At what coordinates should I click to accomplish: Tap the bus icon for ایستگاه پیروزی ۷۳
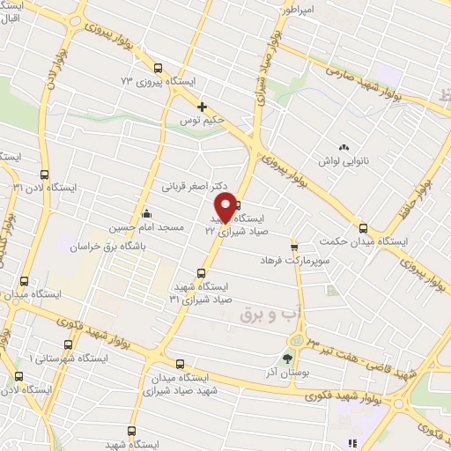[x=158, y=68]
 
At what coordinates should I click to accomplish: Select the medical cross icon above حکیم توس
[x=202, y=107]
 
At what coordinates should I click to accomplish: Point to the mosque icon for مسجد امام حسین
[x=145, y=212]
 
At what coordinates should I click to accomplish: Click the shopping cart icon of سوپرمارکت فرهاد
[x=294, y=248]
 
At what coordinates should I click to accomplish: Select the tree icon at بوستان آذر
[x=286, y=358]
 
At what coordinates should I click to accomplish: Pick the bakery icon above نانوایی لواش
[x=344, y=147]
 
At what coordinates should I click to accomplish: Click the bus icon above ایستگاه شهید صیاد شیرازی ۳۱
[x=201, y=273]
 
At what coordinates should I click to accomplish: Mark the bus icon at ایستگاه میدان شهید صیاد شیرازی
[x=180, y=363]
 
